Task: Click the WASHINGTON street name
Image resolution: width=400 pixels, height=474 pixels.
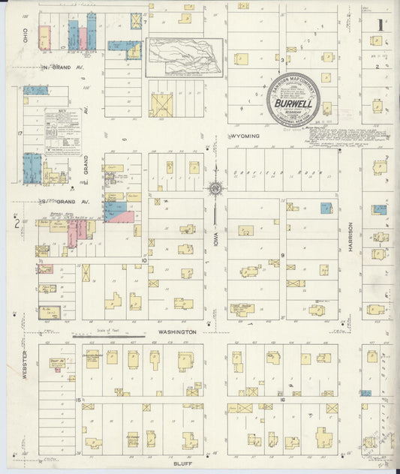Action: point(177,331)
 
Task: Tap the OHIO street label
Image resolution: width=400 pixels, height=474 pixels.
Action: point(25,34)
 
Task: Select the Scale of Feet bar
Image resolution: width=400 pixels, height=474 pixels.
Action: point(109,336)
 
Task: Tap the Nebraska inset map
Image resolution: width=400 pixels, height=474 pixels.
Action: point(184,57)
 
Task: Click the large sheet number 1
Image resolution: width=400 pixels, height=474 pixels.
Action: point(380,25)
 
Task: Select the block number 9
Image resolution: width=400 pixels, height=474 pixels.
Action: point(284,256)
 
